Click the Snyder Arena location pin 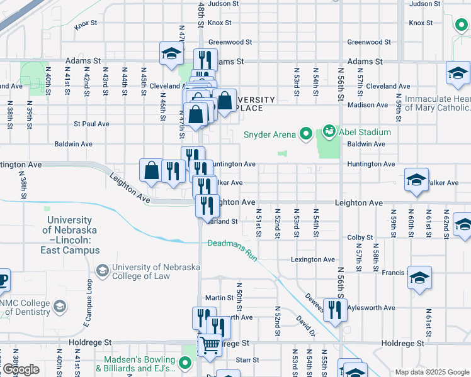305,133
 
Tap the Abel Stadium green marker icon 329,132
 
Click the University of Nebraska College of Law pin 102,270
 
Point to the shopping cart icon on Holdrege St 210,344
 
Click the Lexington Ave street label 312,260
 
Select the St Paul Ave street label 91,124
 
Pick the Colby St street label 360,238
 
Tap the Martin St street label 219,298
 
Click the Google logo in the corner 21,369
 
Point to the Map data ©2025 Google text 432,372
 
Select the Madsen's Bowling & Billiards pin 184,363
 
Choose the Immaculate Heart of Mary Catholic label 437,103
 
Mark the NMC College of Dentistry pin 59,307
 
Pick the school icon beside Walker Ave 416,180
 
